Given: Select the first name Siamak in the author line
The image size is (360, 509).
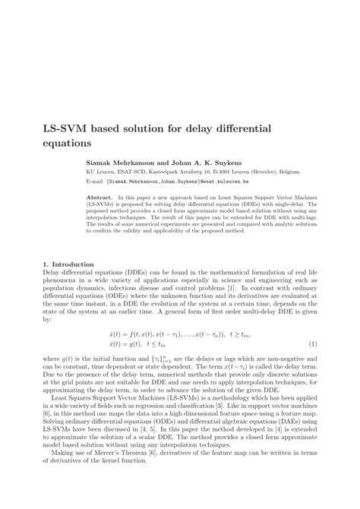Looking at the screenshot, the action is (100, 163).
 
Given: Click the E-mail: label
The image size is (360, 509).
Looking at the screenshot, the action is (95, 182).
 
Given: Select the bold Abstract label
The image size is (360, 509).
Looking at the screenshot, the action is (99, 197).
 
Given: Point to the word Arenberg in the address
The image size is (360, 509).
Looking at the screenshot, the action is (195, 172).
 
